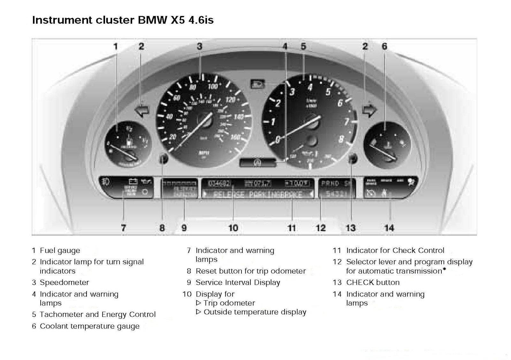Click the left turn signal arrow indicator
[142, 111]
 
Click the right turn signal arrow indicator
[370, 110]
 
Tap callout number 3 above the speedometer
[200, 47]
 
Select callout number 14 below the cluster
[389, 228]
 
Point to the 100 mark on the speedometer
[213, 86]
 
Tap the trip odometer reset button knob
[164, 158]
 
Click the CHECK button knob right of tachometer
[352, 158]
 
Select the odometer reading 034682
[219, 184]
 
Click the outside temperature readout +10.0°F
[297, 184]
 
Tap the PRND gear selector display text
[330, 184]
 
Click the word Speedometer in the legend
[65, 282]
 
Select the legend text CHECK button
[373, 282]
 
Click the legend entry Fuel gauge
[60, 251]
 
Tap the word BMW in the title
[152, 20]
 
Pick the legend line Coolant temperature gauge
[89, 326]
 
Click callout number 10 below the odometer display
[233, 228]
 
